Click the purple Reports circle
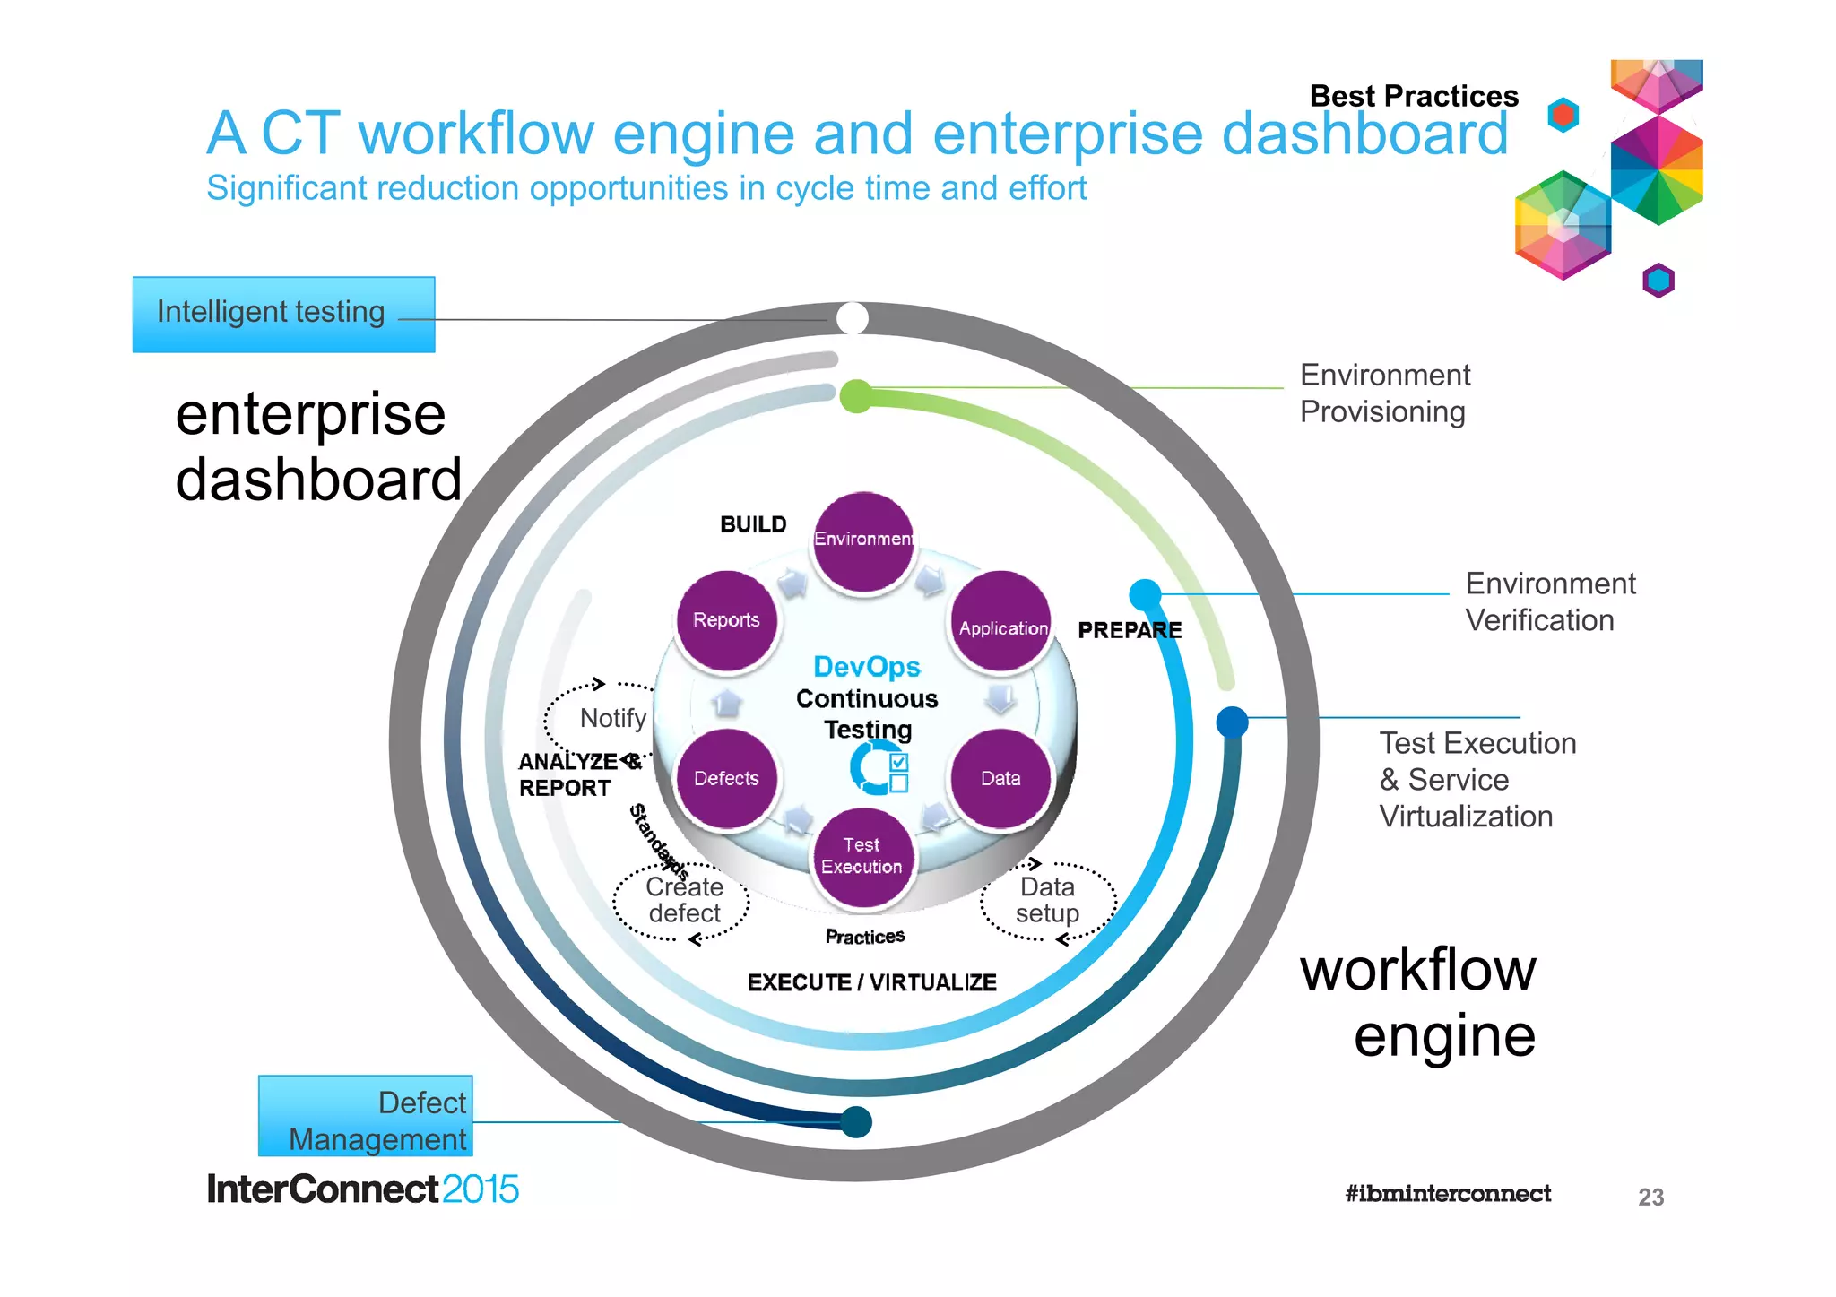pos(726,619)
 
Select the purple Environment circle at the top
pos(863,540)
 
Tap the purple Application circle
pos(1001,620)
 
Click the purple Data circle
pos(1000,778)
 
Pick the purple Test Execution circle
pos(862,856)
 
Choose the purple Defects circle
pos(726,778)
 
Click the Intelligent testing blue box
pos(283,314)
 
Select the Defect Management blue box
pos(366,1117)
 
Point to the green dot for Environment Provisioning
pos(856,395)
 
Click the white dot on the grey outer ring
pos(853,317)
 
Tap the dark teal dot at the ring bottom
pos(856,1121)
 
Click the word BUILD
pos(753,524)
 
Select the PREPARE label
pos(1129,630)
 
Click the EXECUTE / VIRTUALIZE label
pos(871,982)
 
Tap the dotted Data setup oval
pos(1047,900)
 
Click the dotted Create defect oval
pos(684,900)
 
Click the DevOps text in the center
pos(866,667)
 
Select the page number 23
pos(1650,1197)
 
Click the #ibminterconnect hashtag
pos(1447,1193)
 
